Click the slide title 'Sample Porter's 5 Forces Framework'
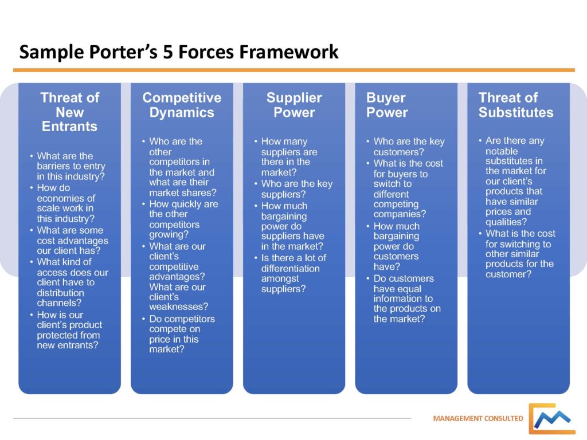pos(179,53)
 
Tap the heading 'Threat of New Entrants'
pos(70,112)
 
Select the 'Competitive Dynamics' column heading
pos(182,105)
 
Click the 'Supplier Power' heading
pos(294,105)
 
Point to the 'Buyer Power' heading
pos(386,105)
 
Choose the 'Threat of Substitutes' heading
pos(516,105)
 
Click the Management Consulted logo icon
pos(551,419)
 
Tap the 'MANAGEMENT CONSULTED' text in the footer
pos(478,418)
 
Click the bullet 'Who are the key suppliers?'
pos(296,189)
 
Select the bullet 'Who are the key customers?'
pos(409,147)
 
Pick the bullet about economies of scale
pos(65,203)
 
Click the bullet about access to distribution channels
pos(72,282)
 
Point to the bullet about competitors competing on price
pos(182,334)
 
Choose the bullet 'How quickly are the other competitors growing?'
pos(183,219)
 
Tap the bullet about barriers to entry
pos(71,166)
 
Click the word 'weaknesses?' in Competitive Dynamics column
pos(178,307)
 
